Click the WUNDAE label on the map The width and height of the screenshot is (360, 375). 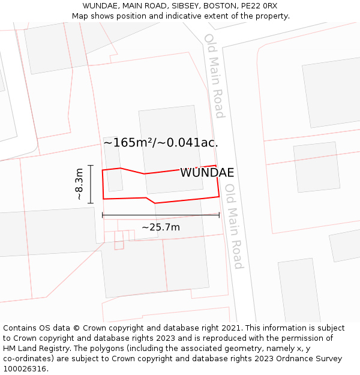coord(207,173)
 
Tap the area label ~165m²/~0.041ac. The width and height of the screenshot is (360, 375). coord(160,143)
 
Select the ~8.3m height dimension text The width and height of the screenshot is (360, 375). coord(79,184)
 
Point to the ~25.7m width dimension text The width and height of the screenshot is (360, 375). coord(160,227)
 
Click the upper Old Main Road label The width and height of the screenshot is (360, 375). coord(214,76)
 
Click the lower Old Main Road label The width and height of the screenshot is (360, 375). coord(233,226)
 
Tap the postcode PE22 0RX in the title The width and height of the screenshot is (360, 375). coord(257,6)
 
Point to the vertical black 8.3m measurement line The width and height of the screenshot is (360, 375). coord(91,184)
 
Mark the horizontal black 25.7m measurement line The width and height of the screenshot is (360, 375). coord(160,215)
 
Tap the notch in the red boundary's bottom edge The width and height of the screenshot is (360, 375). coord(151,200)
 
